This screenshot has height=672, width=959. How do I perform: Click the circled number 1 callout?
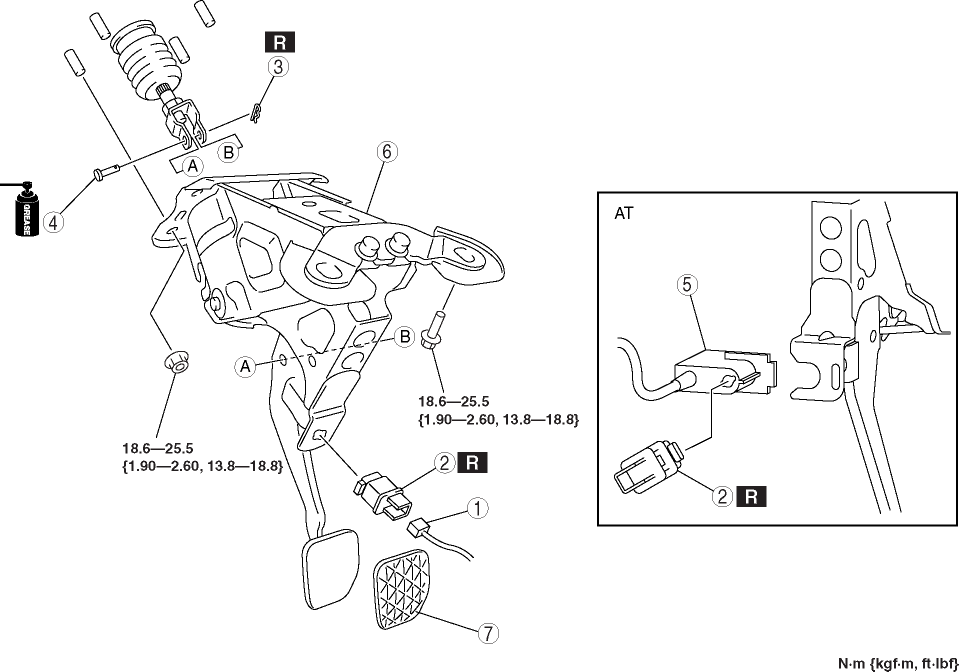(479, 508)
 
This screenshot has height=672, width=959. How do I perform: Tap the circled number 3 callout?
(279, 67)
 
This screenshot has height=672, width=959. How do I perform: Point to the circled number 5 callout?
(685, 284)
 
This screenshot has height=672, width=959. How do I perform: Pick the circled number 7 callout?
(487, 632)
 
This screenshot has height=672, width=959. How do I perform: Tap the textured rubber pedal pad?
(406, 595)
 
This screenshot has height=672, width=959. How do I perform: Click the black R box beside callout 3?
(279, 41)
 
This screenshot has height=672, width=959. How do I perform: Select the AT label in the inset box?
(624, 214)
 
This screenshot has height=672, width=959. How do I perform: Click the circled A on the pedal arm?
(243, 367)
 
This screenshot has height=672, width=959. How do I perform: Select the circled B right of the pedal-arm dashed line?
(405, 337)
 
